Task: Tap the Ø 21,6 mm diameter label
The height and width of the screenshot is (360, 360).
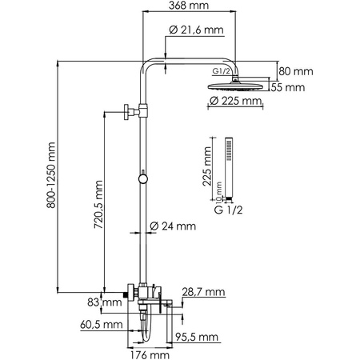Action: click(x=197, y=30)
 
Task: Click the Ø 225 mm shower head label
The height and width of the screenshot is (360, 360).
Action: click(x=235, y=102)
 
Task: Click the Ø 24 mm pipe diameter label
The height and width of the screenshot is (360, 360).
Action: click(x=178, y=226)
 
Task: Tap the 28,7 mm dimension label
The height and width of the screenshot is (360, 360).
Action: click(x=203, y=290)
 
